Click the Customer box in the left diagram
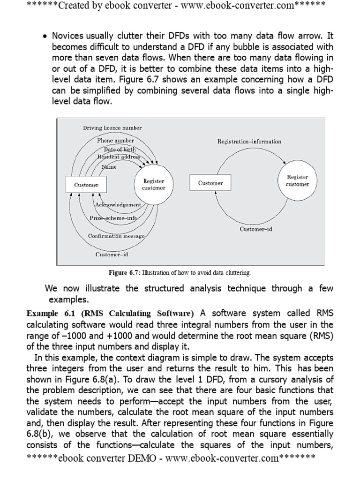[86, 185]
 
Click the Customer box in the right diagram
[210, 183]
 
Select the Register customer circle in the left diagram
[154, 185]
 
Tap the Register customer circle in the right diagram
[297, 181]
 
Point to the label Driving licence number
[112, 127]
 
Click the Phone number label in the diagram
[115, 140]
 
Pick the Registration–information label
[249, 141]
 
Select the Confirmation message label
[116, 236]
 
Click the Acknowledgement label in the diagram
[118, 205]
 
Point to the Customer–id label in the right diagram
[256, 229]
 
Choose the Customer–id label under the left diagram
[112, 255]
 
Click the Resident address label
[119, 156]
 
